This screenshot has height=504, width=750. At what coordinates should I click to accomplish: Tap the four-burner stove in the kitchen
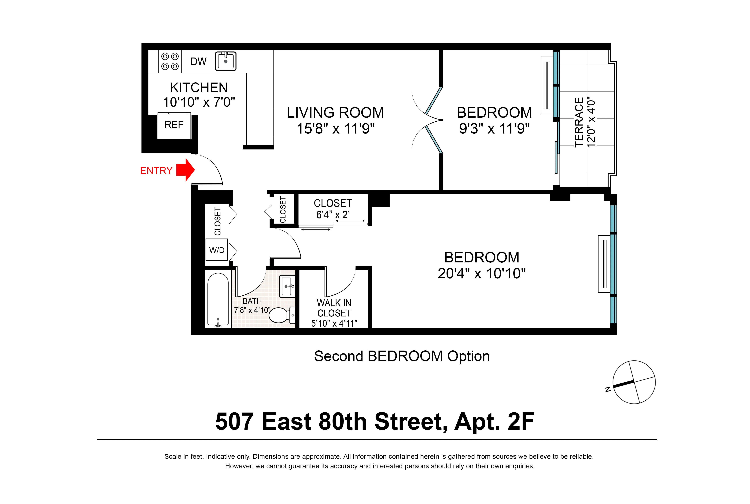coord(170,61)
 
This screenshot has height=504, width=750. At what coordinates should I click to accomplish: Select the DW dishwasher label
coord(198,61)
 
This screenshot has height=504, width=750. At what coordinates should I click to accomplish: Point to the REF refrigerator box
coord(174,125)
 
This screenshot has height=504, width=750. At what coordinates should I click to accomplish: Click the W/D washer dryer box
coord(217,250)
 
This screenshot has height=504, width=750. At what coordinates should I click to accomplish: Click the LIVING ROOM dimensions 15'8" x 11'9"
coord(335,129)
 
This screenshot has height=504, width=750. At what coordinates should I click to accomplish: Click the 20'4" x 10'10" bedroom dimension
coord(481,274)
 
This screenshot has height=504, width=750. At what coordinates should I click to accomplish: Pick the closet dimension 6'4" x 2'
coord(333,214)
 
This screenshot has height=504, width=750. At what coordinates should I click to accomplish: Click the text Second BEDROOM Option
coord(402,356)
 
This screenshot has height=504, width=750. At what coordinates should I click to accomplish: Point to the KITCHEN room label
coord(199,87)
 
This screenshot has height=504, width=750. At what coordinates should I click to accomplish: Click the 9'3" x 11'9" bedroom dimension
coord(494,129)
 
